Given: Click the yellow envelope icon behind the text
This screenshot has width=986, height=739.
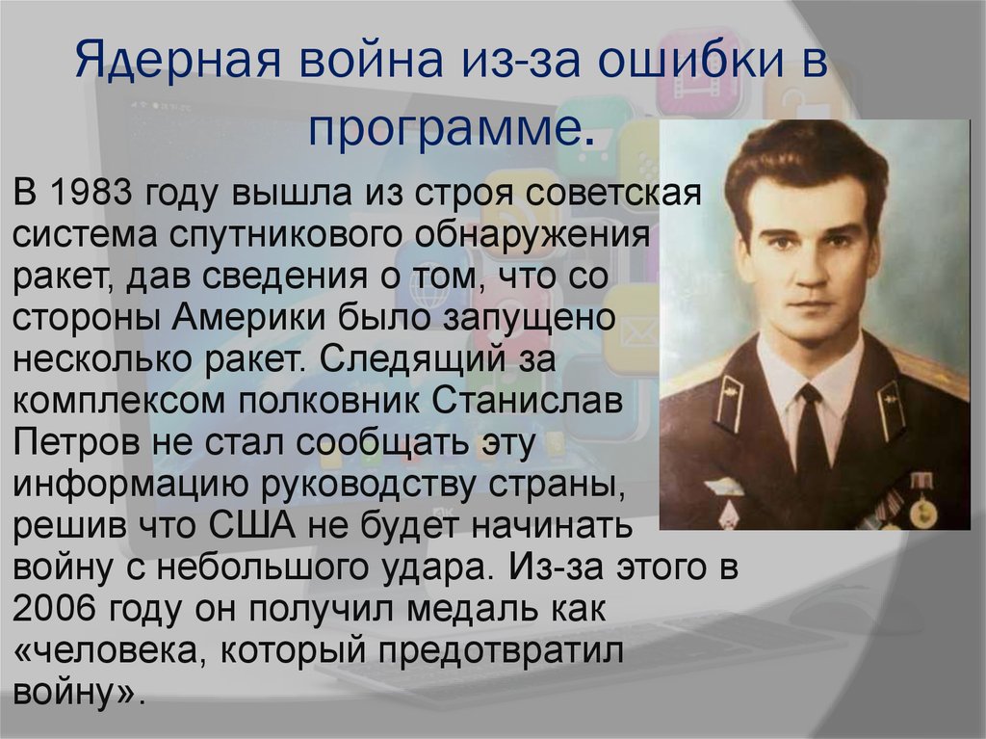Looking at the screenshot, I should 631,329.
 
